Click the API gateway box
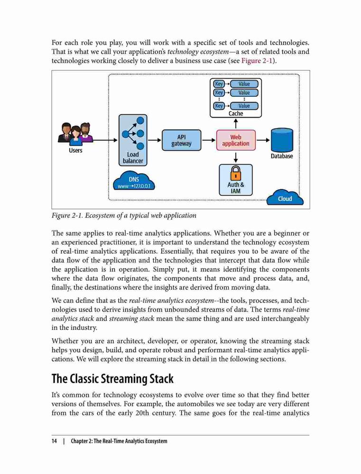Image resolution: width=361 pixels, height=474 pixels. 181,140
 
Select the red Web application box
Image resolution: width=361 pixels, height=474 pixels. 236,140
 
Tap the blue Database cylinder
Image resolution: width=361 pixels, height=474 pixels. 282,140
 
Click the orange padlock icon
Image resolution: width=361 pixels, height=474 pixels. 236,173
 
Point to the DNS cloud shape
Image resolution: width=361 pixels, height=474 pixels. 134,181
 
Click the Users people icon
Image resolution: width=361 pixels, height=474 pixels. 75,133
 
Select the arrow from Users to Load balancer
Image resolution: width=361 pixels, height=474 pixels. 105,140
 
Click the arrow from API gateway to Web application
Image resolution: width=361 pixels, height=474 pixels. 209,140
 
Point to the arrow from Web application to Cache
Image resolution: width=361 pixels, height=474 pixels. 236,124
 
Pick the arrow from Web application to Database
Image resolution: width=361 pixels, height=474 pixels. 263,140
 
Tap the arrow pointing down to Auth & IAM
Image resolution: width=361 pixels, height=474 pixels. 236,157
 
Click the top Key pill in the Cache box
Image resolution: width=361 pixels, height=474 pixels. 219,84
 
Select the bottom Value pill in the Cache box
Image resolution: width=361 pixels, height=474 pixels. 244,106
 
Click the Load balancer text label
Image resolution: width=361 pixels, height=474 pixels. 133,157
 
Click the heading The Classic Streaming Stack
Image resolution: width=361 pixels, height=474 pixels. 112,379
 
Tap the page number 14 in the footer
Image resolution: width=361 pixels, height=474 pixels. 54,441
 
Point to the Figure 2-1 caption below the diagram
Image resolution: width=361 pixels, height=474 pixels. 124,216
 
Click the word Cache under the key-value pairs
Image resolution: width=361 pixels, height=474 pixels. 236,113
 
